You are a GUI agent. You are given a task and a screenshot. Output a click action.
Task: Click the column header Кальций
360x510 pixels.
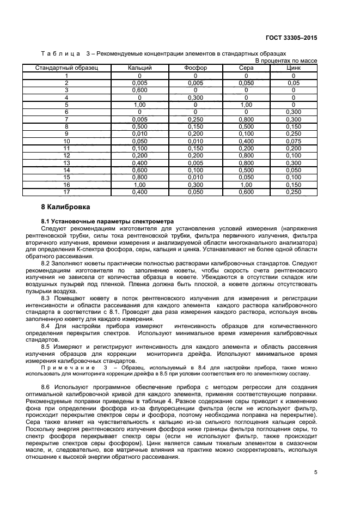pyautogui.click(x=140, y=68)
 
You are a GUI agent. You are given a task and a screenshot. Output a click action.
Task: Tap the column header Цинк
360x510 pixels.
pyautogui.click(x=293, y=68)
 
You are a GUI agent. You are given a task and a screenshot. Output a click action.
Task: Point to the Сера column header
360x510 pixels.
pyautogui.click(x=246, y=68)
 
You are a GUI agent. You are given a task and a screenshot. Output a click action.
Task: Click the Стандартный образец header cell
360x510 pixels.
pyautogui.click(x=66, y=68)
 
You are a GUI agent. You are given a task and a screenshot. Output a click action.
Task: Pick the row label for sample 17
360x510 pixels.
pyautogui.click(x=66, y=191)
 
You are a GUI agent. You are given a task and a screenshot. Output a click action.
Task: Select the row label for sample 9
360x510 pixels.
pyautogui.click(x=66, y=133)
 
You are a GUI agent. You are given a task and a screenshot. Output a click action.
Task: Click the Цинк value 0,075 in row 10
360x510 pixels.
pyautogui.click(x=293, y=141)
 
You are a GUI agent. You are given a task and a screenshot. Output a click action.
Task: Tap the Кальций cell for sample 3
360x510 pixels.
pyautogui.click(x=140, y=90)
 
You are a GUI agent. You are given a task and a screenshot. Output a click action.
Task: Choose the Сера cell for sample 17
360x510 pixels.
pyautogui.click(x=246, y=191)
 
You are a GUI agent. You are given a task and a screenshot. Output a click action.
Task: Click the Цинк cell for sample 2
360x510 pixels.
pyautogui.click(x=293, y=83)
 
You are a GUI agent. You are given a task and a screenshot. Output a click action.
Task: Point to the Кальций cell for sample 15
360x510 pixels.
pyautogui.click(x=140, y=177)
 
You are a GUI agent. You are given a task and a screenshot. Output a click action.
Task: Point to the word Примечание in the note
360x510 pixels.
pyautogui.click(x=68, y=368)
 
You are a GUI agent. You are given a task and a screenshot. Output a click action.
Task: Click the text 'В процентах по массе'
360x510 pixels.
pyautogui.click(x=286, y=60)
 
